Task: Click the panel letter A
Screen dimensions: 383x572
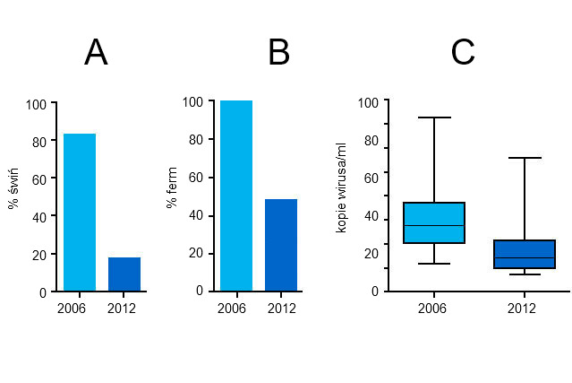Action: point(96,53)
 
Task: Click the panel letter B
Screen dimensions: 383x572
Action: point(278,53)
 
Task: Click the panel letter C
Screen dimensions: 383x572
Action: point(462,53)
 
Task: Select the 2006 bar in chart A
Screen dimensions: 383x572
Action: point(80,213)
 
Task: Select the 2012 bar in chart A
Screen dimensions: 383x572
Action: point(124,274)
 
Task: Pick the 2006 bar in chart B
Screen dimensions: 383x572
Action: point(236,196)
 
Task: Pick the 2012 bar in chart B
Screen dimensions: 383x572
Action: point(281,245)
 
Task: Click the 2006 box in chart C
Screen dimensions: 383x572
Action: point(433,222)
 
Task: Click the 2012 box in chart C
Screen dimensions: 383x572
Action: point(525,254)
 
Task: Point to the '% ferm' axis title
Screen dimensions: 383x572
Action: point(172,190)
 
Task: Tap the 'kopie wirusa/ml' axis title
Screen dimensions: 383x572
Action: point(341,193)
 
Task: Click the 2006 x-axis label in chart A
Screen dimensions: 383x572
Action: point(71,309)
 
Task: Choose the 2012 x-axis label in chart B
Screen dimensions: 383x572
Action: point(281,309)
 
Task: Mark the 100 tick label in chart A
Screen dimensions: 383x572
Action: point(36,104)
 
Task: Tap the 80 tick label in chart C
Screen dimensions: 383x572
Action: point(371,141)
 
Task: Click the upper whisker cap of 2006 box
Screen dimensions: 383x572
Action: point(433,118)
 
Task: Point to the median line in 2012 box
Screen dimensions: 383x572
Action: point(525,257)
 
